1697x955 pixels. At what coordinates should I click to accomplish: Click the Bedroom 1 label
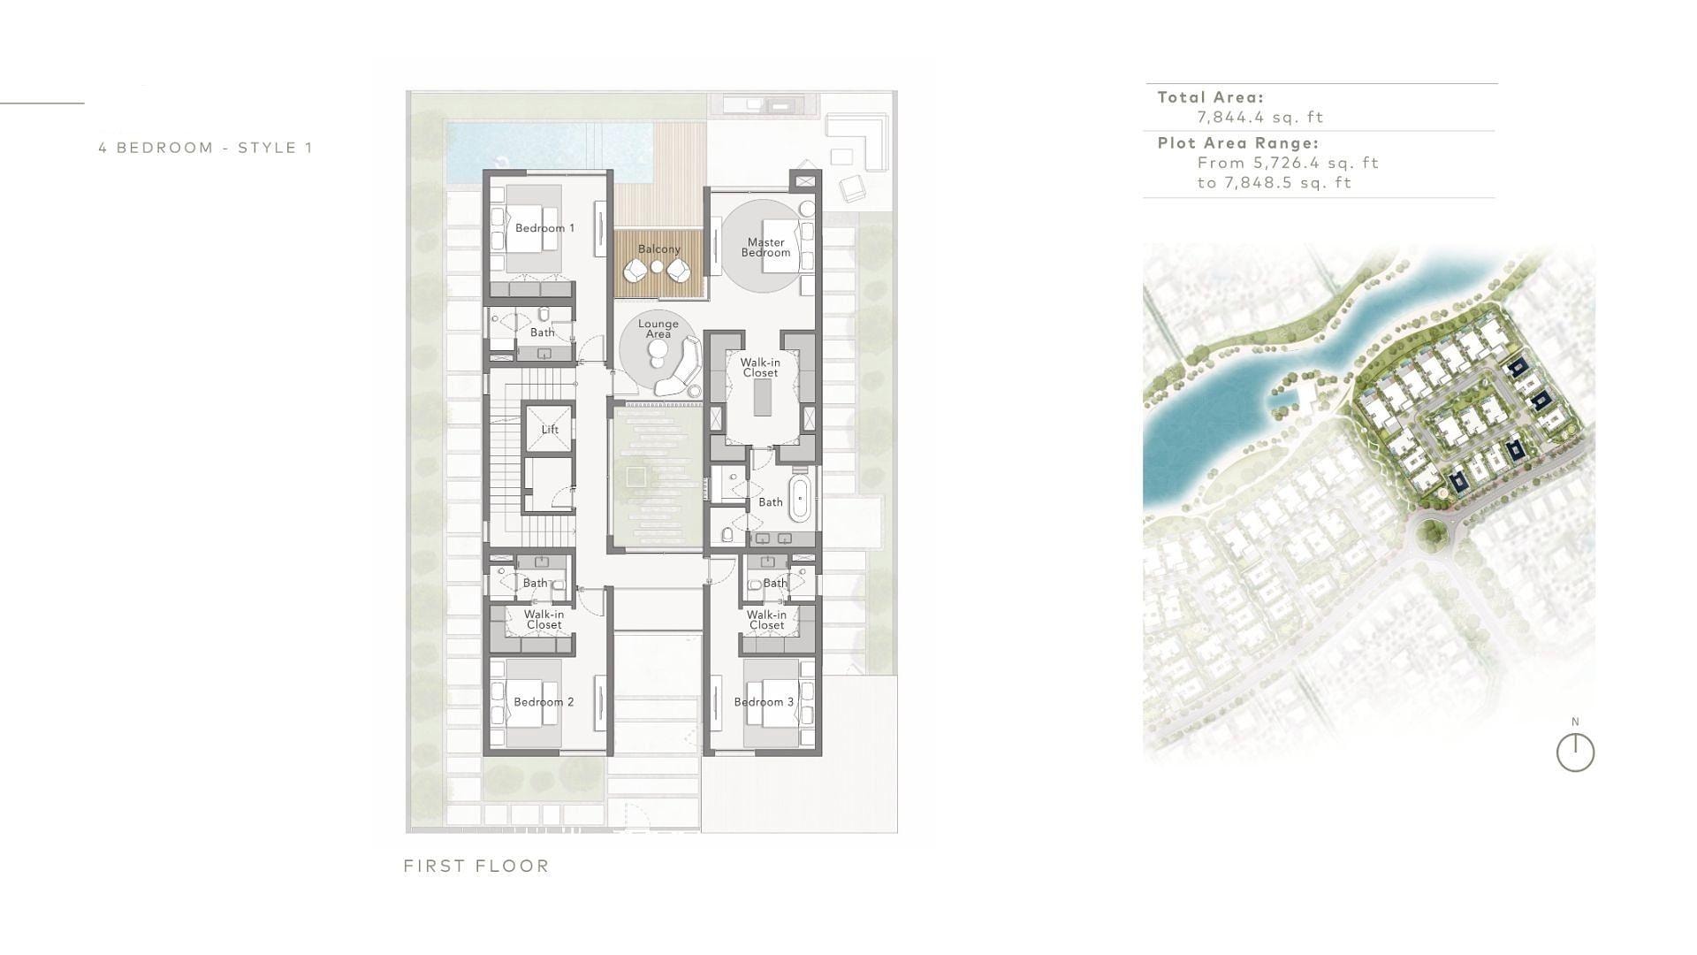pyautogui.click(x=544, y=228)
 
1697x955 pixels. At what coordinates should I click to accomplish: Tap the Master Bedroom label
pyautogui.click(x=765, y=248)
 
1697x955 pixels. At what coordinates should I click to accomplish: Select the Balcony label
pyautogui.click(x=659, y=249)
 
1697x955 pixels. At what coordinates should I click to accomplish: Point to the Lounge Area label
pyautogui.click(x=658, y=329)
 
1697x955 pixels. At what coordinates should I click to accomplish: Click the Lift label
pyautogui.click(x=550, y=430)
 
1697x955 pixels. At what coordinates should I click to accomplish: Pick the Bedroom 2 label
pyautogui.click(x=544, y=702)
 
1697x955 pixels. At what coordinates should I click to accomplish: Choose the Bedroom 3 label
pyautogui.click(x=764, y=702)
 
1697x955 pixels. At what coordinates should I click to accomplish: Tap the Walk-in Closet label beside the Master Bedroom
pyautogui.click(x=760, y=368)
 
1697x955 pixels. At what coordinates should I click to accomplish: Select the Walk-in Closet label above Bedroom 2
pyautogui.click(x=544, y=620)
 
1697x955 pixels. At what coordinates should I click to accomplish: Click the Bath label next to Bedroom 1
pyautogui.click(x=543, y=332)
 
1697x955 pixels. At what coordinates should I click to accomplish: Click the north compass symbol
pyautogui.click(x=1575, y=753)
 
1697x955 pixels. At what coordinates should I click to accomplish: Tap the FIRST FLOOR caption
pyautogui.click(x=476, y=867)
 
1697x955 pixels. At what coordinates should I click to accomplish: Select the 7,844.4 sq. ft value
pyautogui.click(x=1260, y=117)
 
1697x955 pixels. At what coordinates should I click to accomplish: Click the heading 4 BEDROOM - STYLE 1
pyautogui.click(x=205, y=148)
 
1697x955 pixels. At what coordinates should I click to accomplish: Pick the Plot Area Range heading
pyautogui.click(x=1237, y=143)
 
